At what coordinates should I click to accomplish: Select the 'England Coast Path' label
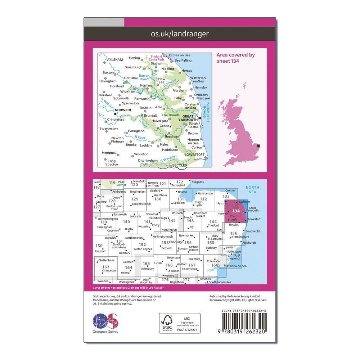point(156,58)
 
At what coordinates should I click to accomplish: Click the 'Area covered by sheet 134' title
point(235,58)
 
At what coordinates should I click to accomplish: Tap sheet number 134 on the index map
point(236,211)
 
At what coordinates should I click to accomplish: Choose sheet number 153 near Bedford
point(165,243)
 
